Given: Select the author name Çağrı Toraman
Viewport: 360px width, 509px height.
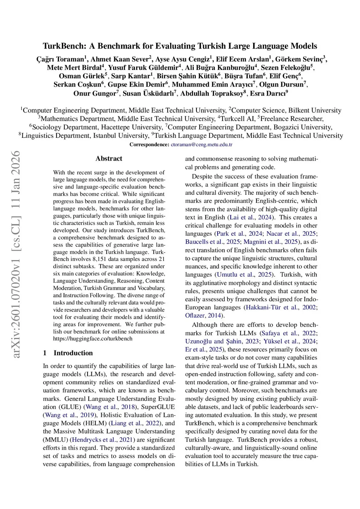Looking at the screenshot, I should click(60, 59).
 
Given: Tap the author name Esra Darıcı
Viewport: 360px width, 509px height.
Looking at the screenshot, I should click(268, 93).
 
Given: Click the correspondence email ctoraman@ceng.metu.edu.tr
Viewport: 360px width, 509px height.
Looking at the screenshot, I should click(201, 144).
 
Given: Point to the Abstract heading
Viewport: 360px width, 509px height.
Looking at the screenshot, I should click(109, 159).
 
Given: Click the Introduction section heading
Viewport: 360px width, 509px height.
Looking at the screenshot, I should click(73, 353).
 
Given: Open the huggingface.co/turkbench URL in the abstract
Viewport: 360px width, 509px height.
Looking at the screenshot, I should click(93, 339).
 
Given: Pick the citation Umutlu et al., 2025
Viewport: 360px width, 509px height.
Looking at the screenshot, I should click(244, 275).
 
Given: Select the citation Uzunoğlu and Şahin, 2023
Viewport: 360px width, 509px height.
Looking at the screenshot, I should click(222, 341).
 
